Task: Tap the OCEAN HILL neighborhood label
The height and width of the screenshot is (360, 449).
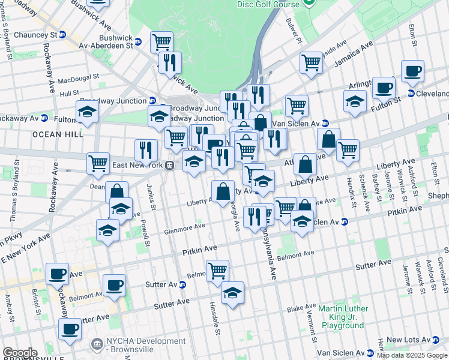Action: (x=58, y=134)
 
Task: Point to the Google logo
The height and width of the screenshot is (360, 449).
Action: (x=20, y=353)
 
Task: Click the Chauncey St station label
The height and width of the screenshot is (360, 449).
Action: (x=34, y=34)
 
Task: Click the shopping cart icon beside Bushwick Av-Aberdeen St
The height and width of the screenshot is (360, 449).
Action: (x=161, y=41)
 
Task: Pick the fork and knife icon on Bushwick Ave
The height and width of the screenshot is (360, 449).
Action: (x=170, y=62)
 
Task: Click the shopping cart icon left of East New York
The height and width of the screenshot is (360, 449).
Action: (x=98, y=163)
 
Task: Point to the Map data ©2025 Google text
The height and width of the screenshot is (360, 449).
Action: (x=412, y=355)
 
